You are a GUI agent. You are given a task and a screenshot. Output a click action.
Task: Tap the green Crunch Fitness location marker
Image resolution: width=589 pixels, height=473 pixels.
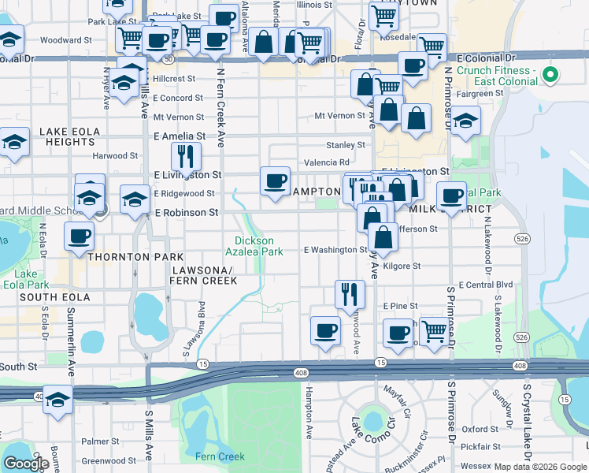[551, 76]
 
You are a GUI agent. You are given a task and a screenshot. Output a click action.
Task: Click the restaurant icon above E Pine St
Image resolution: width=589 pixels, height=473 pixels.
[350, 293]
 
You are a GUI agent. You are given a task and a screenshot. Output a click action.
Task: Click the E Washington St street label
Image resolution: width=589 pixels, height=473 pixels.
[335, 250]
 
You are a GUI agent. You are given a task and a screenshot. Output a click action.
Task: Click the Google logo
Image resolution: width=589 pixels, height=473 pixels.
[26, 464]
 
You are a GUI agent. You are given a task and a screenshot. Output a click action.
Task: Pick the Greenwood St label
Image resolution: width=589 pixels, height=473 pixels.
[109, 461]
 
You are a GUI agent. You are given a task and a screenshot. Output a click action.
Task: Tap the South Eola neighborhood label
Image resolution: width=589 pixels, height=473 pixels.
[46, 296]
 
